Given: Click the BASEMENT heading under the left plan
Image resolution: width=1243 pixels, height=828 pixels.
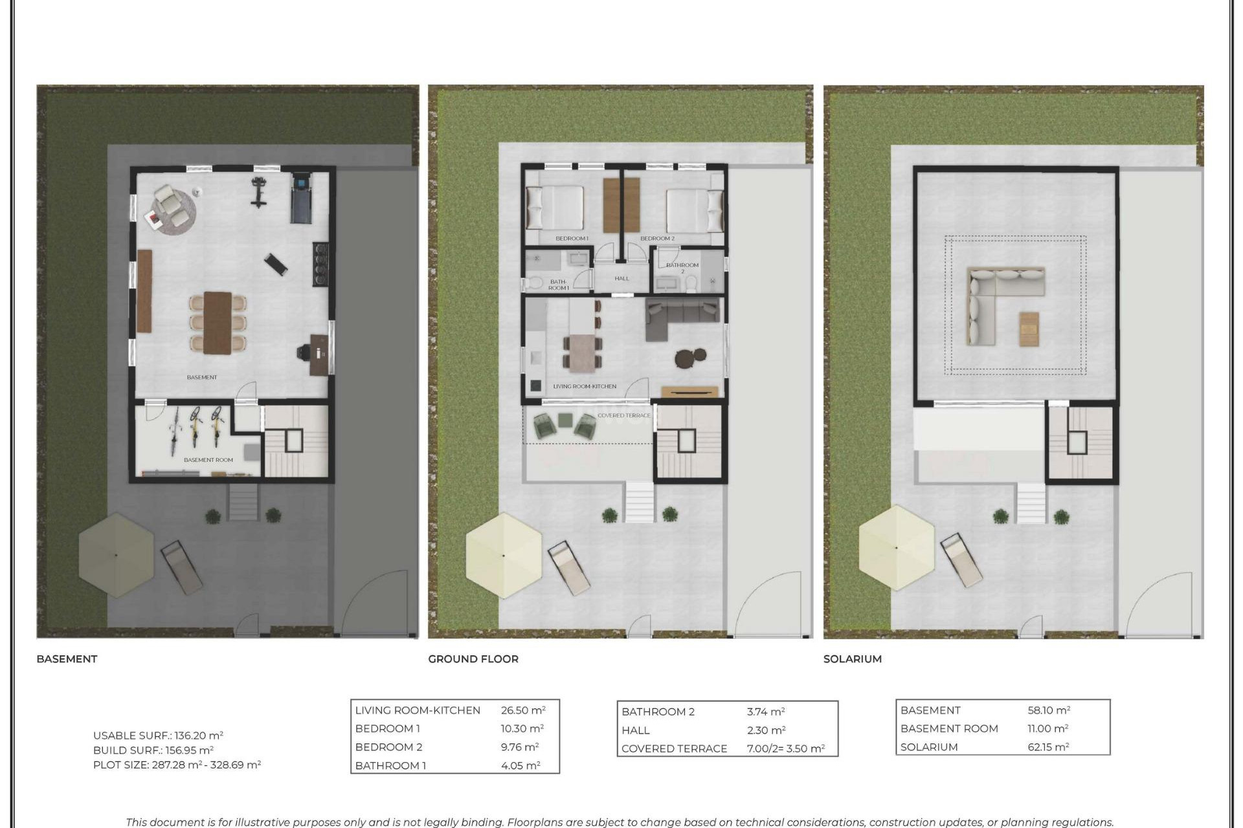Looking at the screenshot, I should (67, 659).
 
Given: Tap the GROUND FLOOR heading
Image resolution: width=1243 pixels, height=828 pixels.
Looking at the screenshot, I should (473, 659).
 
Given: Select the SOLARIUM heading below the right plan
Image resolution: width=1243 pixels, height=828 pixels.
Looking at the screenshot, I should (852, 659).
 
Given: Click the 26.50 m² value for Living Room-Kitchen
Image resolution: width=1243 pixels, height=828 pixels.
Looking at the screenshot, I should (522, 710).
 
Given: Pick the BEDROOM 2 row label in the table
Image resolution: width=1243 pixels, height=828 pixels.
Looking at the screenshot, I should (388, 746).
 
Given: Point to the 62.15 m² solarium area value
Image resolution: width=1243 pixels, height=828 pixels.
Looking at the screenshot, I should (1048, 746).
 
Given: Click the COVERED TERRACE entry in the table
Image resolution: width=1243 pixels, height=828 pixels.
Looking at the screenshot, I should (674, 748).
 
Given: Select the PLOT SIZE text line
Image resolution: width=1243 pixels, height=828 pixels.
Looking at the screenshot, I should (177, 765).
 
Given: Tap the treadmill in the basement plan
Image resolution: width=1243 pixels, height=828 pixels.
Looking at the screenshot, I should (300, 197).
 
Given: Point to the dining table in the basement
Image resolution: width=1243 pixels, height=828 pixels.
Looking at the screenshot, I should (218, 322).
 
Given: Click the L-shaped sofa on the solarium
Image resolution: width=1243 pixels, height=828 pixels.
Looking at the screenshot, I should (994, 298).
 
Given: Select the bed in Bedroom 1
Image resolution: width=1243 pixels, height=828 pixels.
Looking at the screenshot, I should (555, 208).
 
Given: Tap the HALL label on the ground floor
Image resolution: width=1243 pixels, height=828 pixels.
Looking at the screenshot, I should (621, 279).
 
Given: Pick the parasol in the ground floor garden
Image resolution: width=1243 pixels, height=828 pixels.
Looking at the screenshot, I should (504, 555).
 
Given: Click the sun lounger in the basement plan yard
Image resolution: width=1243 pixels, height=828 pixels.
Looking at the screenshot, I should (182, 567).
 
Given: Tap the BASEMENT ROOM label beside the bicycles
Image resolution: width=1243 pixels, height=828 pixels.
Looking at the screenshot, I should (208, 460).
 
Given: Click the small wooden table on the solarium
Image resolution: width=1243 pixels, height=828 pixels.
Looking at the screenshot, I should (1029, 329).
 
